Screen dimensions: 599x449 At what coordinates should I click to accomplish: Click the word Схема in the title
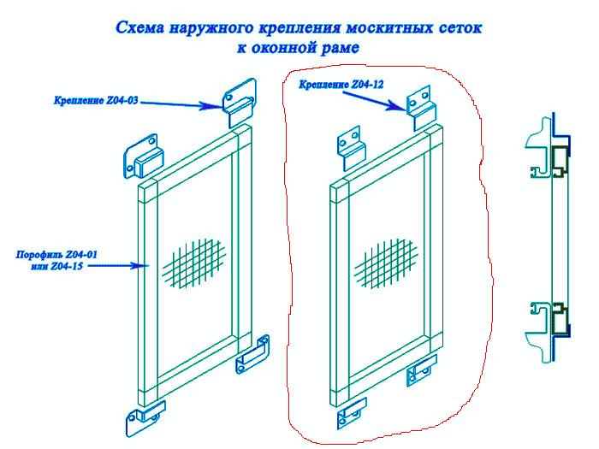pos(139,28)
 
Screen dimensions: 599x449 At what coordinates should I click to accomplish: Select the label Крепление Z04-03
pos(96,101)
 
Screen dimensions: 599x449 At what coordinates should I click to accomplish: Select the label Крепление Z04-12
pos(341,85)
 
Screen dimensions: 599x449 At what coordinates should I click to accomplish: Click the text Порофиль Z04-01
pos(56,255)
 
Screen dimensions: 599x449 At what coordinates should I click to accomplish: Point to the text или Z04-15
pos(56,266)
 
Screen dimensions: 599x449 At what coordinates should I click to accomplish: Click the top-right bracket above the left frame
pos(240,103)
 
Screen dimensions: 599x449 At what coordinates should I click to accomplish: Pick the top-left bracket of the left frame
pos(143,157)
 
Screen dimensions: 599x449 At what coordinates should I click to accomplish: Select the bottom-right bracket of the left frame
pos(252,354)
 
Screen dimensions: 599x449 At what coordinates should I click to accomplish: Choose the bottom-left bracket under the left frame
pos(145,417)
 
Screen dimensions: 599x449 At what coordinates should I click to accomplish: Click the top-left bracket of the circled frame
pos(351,148)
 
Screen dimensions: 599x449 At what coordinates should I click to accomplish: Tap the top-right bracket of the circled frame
pos(420,108)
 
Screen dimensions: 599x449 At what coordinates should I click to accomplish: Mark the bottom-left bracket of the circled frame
pos(352,413)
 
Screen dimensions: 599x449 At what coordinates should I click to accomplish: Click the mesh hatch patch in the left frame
pos(195,263)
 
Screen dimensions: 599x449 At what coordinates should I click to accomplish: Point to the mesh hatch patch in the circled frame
pos(386,263)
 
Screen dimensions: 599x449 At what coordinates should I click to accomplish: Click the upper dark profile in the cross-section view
pos(560,162)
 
